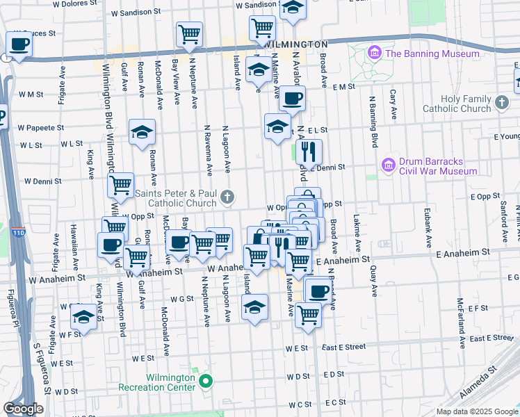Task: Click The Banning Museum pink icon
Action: point(374,53)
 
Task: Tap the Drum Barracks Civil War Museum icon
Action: point(388,166)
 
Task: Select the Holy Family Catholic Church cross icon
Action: point(502,104)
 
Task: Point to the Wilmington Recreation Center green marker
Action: point(206,381)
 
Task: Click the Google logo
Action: point(23,409)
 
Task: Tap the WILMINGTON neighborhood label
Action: point(295,44)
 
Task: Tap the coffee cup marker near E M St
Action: point(292,98)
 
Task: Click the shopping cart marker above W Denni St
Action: point(121,185)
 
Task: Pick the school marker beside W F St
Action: point(84,316)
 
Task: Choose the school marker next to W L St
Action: point(142,131)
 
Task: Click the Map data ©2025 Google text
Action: point(476,411)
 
